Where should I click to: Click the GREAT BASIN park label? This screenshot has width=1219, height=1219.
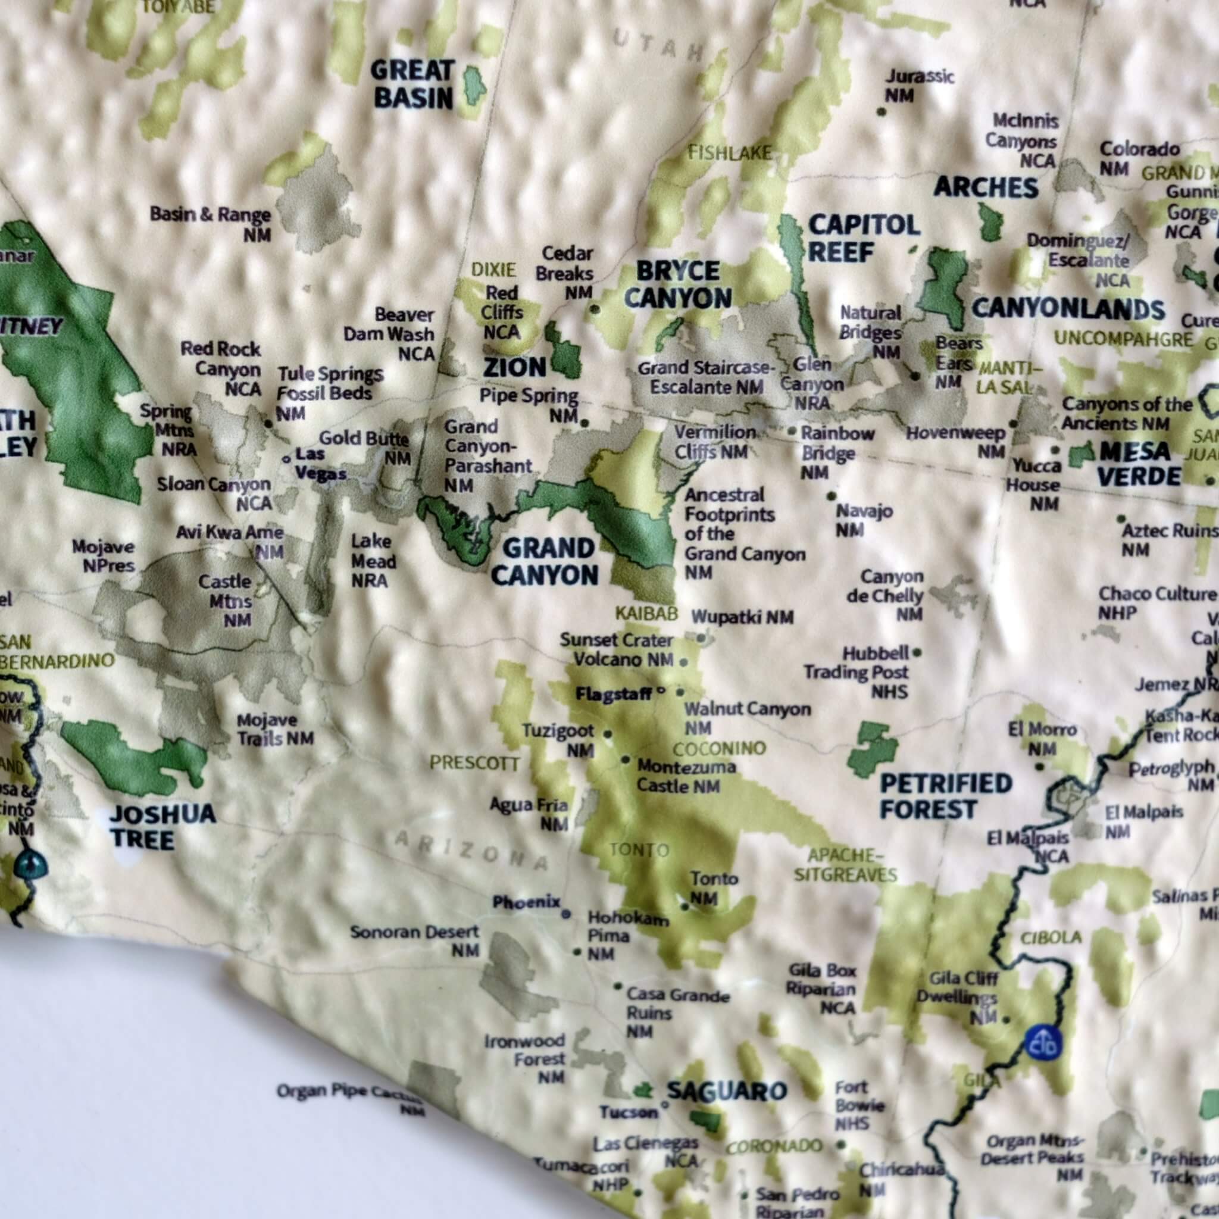pyautogui.click(x=411, y=85)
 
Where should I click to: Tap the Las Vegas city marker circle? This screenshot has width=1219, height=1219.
pyautogui.click(x=286, y=460)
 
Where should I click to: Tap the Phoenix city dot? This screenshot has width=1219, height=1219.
pyautogui.click(x=566, y=913)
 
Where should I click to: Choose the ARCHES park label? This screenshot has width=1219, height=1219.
pyautogui.click(x=986, y=187)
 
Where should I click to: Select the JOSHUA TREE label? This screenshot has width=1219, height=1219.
pyautogui.click(x=162, y=827)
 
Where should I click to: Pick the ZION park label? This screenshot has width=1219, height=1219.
pyautogui.click(x=514, y=367)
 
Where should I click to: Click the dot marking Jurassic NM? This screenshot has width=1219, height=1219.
pyautogui.click(x=882, y=112)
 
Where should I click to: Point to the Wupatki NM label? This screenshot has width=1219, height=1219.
pyautogui.click(x=742, y=617)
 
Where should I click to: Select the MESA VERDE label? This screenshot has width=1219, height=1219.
pyautogui.click(x=1139, y=464)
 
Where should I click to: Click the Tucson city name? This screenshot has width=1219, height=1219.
pyautogui.click(x=629, y=1112)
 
